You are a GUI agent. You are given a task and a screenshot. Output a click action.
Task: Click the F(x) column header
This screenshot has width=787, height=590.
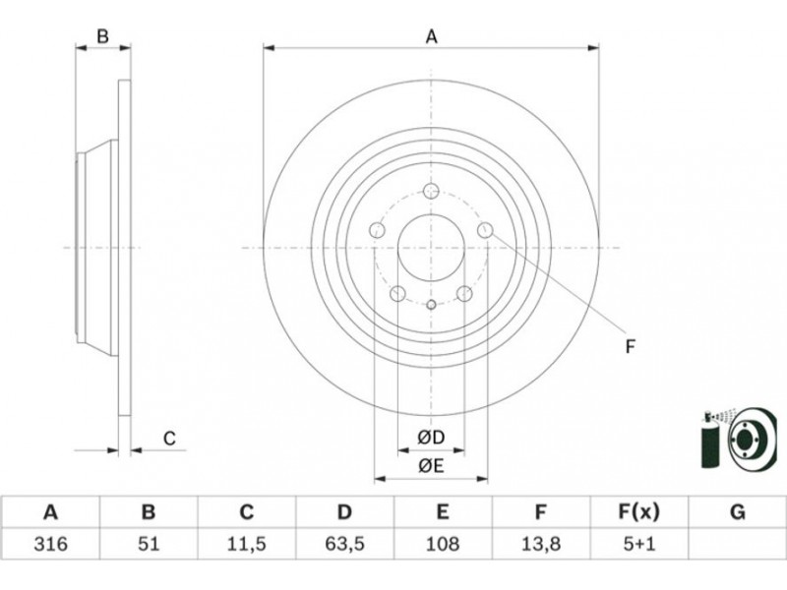tap(638, 512)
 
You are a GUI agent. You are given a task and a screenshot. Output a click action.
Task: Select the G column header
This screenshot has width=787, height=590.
tap(737, 512)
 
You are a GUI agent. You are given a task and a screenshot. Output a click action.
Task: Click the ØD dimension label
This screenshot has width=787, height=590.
tap(431, 437)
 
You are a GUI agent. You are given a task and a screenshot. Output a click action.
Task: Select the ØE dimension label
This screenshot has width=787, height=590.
tap(431, 466)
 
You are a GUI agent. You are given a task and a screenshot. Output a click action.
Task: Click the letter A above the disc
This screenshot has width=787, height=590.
tap(431, 37)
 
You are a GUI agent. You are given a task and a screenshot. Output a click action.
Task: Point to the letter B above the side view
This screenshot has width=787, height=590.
tap(101, 37)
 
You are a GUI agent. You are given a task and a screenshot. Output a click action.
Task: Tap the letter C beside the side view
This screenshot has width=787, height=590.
tap(169, 439)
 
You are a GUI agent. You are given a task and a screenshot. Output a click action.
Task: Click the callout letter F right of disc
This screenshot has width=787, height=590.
tap(631, 345)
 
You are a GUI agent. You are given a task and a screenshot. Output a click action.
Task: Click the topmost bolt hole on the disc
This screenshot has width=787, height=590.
tap(431, 191)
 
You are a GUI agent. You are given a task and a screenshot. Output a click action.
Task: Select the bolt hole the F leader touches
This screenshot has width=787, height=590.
tap(484, 230)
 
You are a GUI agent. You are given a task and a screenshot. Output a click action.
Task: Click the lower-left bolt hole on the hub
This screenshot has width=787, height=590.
tap(397, 293)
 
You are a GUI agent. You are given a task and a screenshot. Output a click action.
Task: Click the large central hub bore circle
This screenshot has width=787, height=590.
tap(431, 248)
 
